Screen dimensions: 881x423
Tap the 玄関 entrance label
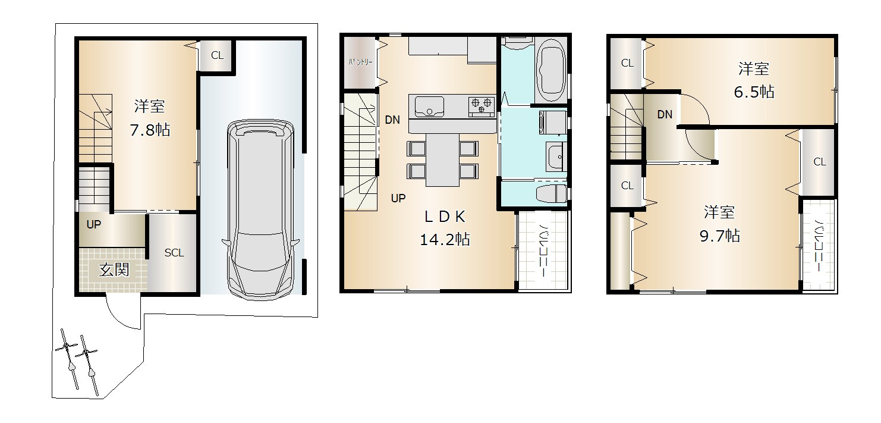[x=114, y=270]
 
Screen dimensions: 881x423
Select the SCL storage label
[x=174, y=253]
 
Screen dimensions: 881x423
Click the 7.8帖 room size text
[x=150, y=130]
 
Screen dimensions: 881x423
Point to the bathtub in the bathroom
[x=552, y=71]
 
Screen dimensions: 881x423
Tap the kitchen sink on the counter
[x=429, y=106]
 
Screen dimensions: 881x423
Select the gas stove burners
[x=482, y=105]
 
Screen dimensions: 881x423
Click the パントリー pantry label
[x=360, y=62]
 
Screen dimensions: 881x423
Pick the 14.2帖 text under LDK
[x=445, y=239]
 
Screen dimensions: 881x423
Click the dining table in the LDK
[x=442, y=160]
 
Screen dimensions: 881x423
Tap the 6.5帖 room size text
[x=754, y=92]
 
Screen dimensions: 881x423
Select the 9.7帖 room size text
[x=720, y=236]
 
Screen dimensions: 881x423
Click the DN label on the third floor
[x=665, y=114]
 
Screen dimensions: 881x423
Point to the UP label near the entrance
[x=93, y=224]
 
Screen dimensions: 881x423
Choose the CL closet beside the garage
[x=217, y=55]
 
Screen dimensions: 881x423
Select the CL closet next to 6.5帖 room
[x=627, y=63]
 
